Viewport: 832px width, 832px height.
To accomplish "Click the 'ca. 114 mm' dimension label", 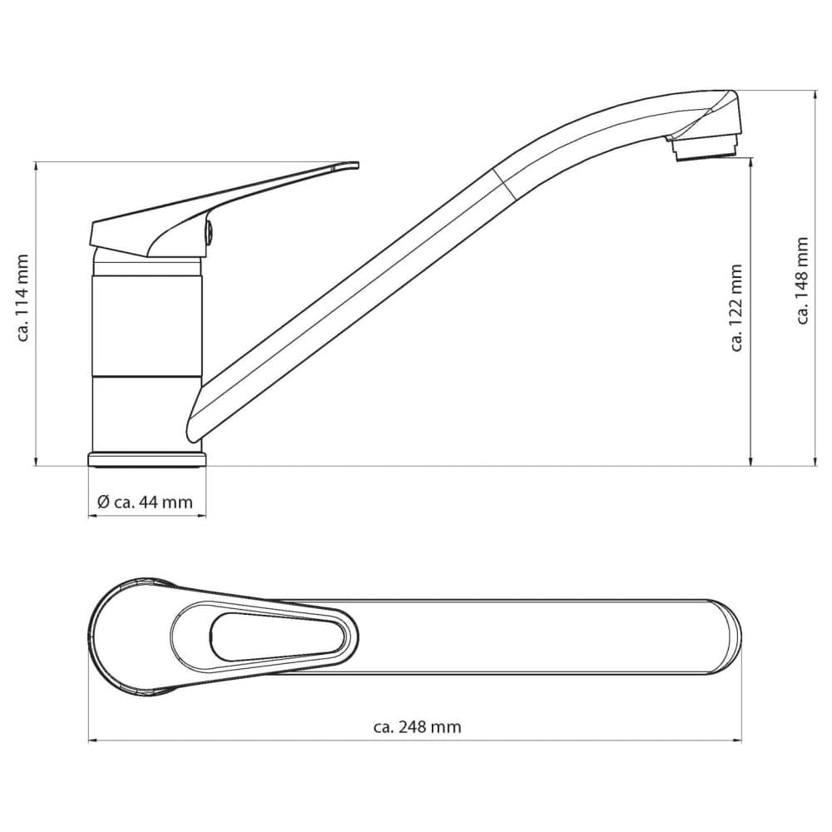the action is (22, 298).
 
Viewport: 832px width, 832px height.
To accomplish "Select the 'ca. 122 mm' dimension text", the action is (736, 308).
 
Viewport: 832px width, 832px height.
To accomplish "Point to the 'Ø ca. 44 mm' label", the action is (145, 502).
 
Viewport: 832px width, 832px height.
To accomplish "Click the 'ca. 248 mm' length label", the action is (417, 726).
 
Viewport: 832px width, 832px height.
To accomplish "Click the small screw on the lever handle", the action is (209, 233).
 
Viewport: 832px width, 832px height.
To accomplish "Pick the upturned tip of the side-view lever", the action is (345, 165).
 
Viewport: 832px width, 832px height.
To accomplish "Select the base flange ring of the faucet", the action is (147, 459).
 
